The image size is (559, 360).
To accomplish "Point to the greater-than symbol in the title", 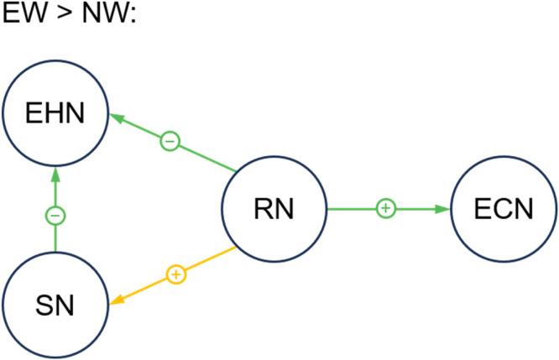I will click(x=61, y=16).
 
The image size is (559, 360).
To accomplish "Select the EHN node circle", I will click(x=55, y=112).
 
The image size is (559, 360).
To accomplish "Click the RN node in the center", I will click(x=274, y=209).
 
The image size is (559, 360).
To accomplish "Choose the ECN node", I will click(x=504, y=209).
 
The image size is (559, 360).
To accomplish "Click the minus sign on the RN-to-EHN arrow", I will click(x=170, y=141).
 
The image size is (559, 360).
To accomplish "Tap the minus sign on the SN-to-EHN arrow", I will click(x=55, y=216).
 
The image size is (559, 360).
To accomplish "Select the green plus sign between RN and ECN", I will click(x=385, y=208).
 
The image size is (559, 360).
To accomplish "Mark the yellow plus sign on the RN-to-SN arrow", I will click(x=175, y=274).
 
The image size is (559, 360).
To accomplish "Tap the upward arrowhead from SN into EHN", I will click(x=55, y=175).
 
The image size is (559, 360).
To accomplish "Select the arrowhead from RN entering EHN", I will click(x=118, y=118).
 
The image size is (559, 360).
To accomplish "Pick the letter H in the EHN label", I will click(x=55, y=112).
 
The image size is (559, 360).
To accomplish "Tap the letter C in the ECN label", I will click(x=504, y=209).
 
